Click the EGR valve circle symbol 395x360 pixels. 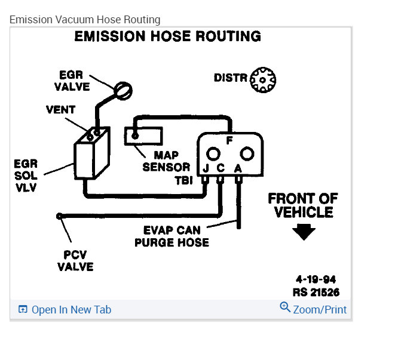[123, 90]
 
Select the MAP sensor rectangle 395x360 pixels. [143, 136]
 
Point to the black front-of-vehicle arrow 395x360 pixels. [304, 232]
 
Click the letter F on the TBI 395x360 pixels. [229, 141]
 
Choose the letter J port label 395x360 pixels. [206, 168]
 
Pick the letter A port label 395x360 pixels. [238, 168]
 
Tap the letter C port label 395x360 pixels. [221, 168]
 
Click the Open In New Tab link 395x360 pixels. [71, 309]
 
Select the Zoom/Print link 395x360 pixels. [320, 309]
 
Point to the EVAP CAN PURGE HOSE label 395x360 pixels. [172, 236]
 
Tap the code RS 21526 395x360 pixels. [316, 293]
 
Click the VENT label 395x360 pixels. [61, 110]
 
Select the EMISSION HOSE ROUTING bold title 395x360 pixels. [167, 36]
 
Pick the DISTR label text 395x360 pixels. [231, 78]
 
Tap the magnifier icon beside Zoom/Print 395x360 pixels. [285, 307]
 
